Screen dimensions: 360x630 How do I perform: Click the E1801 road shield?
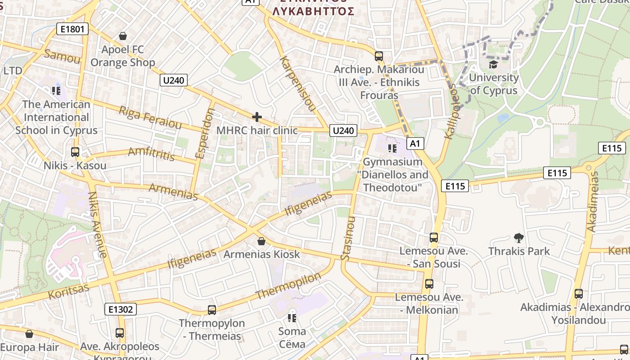tap(72, 29)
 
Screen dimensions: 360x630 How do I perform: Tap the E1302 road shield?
tap(121, 309)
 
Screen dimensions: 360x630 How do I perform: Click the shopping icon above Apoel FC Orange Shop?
tap(122, 36)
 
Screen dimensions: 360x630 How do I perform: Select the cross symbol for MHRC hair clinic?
tap(257, 117)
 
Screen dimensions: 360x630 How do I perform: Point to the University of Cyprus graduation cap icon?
tap(494, 64)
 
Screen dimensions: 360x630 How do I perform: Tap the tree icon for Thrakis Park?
tap(519, 238)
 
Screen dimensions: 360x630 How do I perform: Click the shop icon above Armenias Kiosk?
tap(261, 241)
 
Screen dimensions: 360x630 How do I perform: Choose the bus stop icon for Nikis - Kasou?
tap(75, 152)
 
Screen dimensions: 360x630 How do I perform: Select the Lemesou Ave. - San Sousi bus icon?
tap(434, 237)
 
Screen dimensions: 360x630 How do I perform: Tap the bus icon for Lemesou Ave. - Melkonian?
tap(429, 284)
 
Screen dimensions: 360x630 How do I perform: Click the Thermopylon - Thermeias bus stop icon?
tap(212, 310)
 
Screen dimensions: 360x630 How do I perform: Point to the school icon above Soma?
tap(292, 318)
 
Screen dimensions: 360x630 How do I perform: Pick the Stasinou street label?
tap(348, 238)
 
